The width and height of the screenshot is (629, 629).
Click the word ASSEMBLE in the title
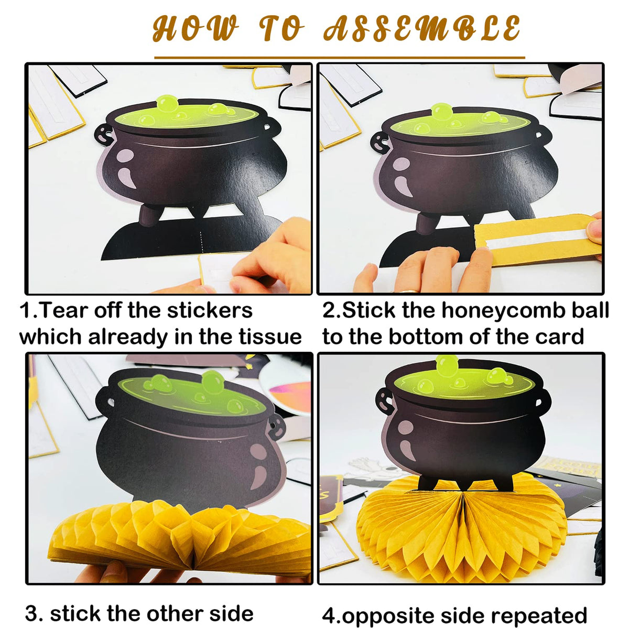coord(422,29)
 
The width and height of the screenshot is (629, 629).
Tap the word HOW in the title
coord(195,29)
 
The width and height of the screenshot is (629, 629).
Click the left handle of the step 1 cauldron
coord(104,135)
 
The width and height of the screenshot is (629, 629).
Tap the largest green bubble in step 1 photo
coord(167,103)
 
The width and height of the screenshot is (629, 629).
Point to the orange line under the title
coord(340,58)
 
